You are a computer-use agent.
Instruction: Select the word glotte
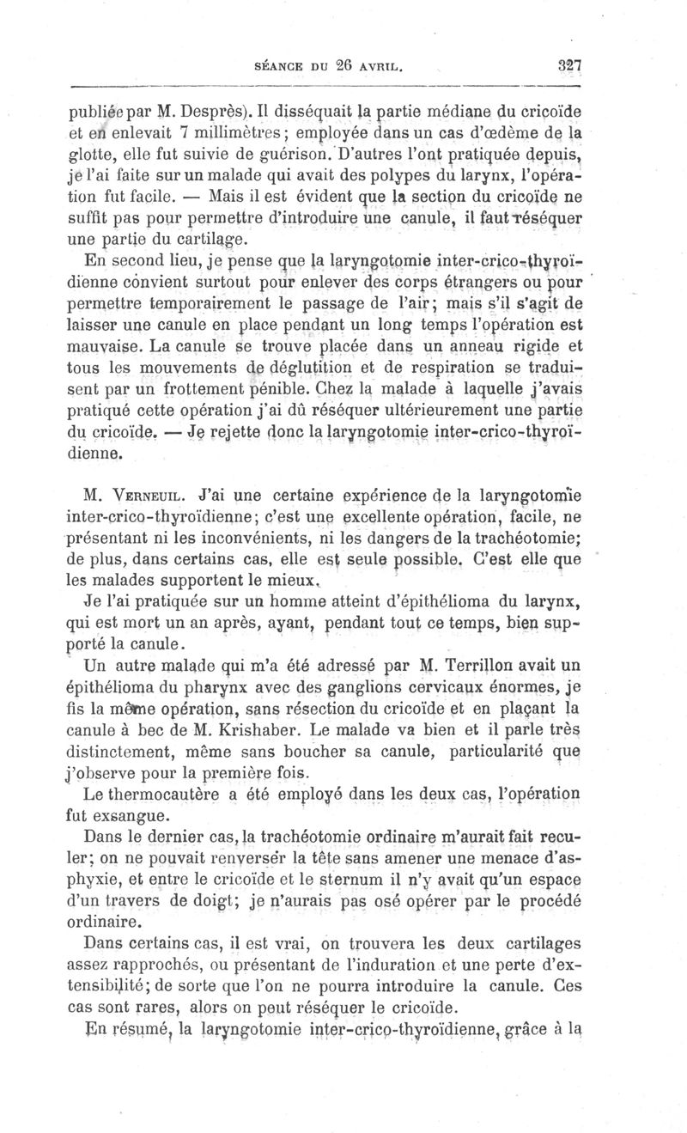tap(91, 155)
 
